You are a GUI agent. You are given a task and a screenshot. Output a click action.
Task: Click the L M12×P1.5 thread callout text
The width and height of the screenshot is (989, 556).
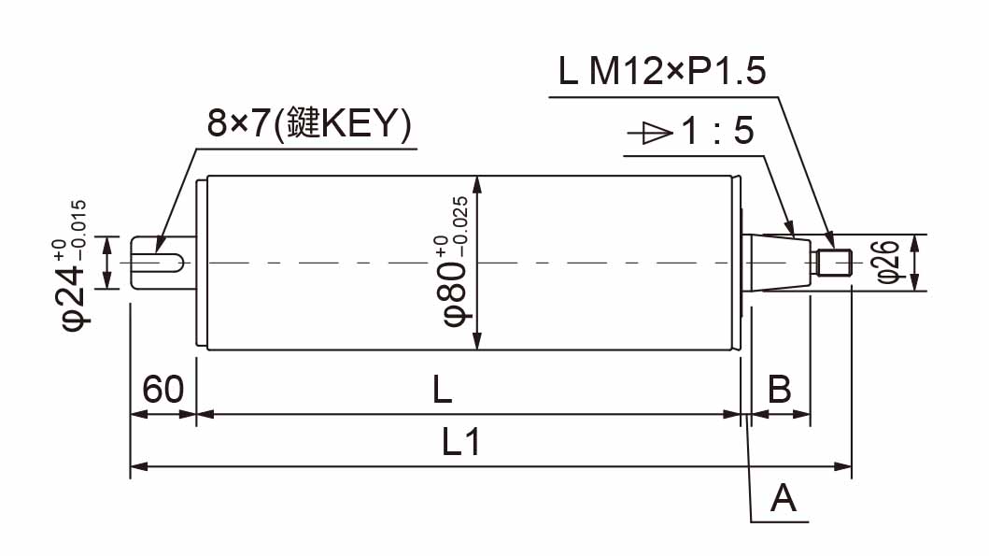pos(662,71)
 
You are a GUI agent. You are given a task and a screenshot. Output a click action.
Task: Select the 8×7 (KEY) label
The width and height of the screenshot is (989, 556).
pos(309,123)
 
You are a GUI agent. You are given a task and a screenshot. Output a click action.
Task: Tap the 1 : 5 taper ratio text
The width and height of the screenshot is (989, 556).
pos(718,131)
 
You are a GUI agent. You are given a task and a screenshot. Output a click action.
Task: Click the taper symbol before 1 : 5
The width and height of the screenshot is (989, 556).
pos(650,134)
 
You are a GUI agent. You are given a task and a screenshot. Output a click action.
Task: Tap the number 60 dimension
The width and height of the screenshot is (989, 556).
pos(162,389)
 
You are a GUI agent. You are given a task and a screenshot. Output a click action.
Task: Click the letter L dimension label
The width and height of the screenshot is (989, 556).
pos(442,390)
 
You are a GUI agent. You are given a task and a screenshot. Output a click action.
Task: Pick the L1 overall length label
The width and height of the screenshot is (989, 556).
pos(461,441)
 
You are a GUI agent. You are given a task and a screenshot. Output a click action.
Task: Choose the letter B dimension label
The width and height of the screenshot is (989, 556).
pos(780,389)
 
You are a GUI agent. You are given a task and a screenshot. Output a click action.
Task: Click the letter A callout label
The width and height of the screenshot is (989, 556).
pos(784,498)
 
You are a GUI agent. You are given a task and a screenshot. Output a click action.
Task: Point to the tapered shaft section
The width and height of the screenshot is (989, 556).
pos(782,263)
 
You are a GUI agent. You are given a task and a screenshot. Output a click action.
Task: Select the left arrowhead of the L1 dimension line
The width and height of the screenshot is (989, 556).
pos(139,466)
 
